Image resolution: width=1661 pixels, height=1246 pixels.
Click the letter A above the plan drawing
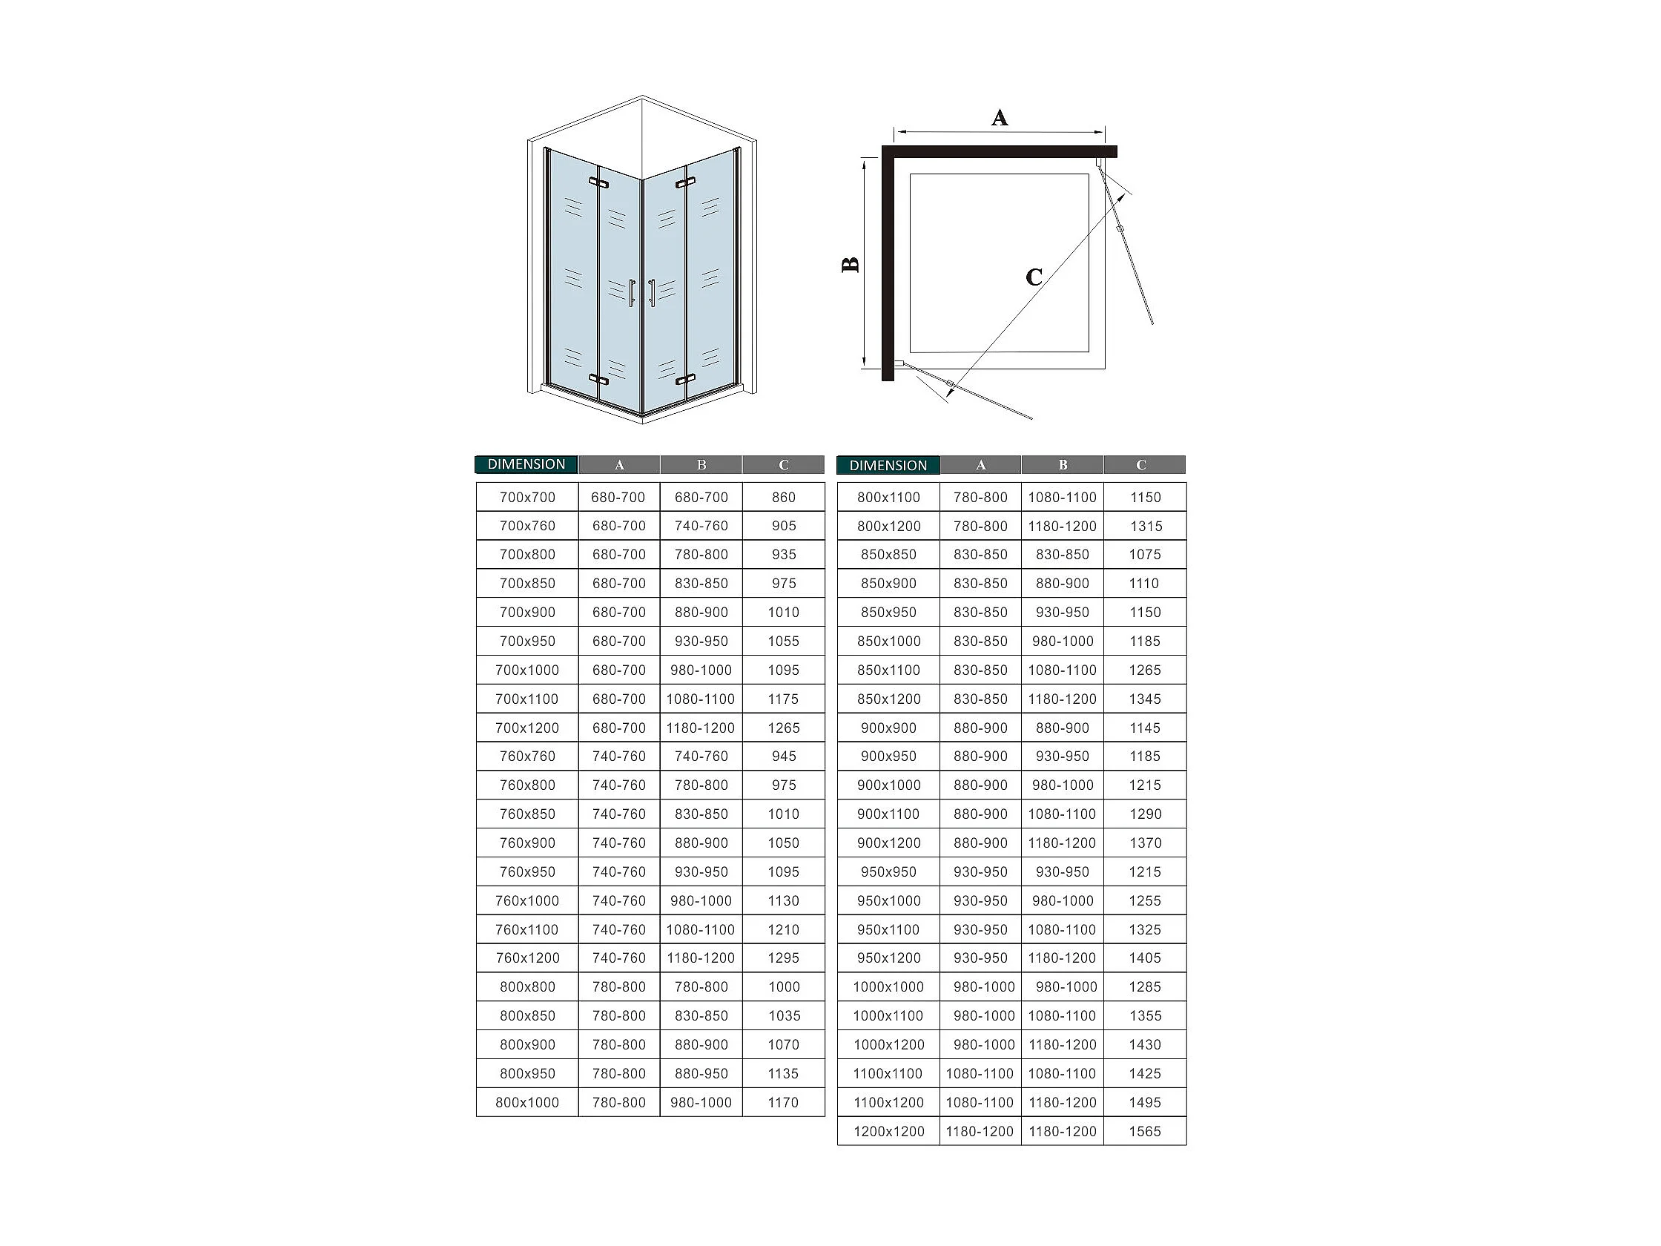[x=1000, y=118]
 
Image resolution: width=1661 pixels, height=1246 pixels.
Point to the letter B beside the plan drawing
[x=850, y=264]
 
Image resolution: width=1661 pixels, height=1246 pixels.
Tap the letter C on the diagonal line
[x=1034, y=277]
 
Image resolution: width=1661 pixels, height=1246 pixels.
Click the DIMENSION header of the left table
[x=526, y=464]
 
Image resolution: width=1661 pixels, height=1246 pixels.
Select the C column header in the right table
[x=1141, y=465]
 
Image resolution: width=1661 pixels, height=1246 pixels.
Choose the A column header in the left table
[x=619, y=465]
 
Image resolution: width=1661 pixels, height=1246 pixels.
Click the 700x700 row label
[x=527, y=497]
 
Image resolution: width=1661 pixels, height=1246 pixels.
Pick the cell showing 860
[x=784, y=497]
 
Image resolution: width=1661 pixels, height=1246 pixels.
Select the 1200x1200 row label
[x=888, y=1131]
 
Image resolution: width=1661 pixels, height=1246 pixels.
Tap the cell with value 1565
[x=1145, y=1131]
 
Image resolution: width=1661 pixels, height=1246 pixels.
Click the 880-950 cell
[x=701, y=1073]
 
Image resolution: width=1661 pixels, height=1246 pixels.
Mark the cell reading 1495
[x=1145, y=1103]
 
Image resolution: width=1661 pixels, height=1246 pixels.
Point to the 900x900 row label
[x=888, y=728]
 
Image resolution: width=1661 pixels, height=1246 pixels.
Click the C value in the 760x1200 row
[x=784, y=957]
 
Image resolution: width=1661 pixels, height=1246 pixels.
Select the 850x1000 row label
[x=888, y=642]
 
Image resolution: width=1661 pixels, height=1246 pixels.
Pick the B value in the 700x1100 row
[x=701, y=699]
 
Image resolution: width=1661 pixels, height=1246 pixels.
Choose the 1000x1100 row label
[x=888, y=1015]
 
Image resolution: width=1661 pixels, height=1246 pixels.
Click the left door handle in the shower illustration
[x=632, y=293]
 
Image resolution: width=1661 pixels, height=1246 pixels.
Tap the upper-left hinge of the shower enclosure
[x=598, y=182]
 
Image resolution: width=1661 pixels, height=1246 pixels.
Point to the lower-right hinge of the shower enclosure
[x=686, y=379]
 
